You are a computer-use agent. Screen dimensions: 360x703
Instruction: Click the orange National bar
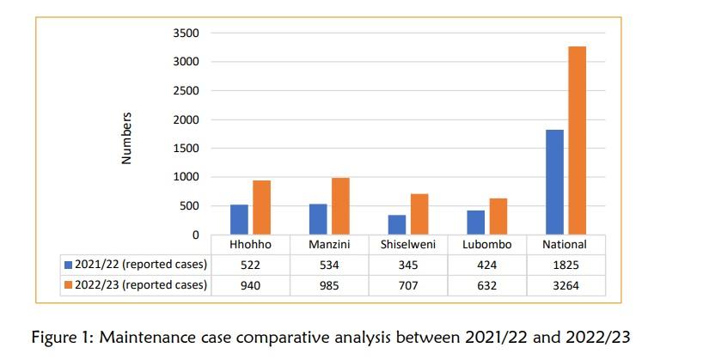[578, 141]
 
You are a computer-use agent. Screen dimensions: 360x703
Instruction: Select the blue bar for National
[555, 182]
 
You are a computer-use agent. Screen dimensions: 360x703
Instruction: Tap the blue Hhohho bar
[240, 220]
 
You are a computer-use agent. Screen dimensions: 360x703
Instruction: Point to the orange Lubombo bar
[498, 217]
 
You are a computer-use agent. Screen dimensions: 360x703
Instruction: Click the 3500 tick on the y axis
[187, 34]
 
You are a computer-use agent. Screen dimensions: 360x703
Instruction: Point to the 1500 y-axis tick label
[187, 149]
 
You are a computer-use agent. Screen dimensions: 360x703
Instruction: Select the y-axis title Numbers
[126, 137]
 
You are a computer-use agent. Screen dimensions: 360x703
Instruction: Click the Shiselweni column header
[408, 245]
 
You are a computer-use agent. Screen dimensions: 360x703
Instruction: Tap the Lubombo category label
[487, 245]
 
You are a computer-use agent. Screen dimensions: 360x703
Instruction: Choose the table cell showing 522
[251, 265]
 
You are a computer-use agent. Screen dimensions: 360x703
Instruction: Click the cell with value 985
[329, 285]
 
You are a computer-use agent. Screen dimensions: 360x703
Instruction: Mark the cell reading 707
[408, 285]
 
